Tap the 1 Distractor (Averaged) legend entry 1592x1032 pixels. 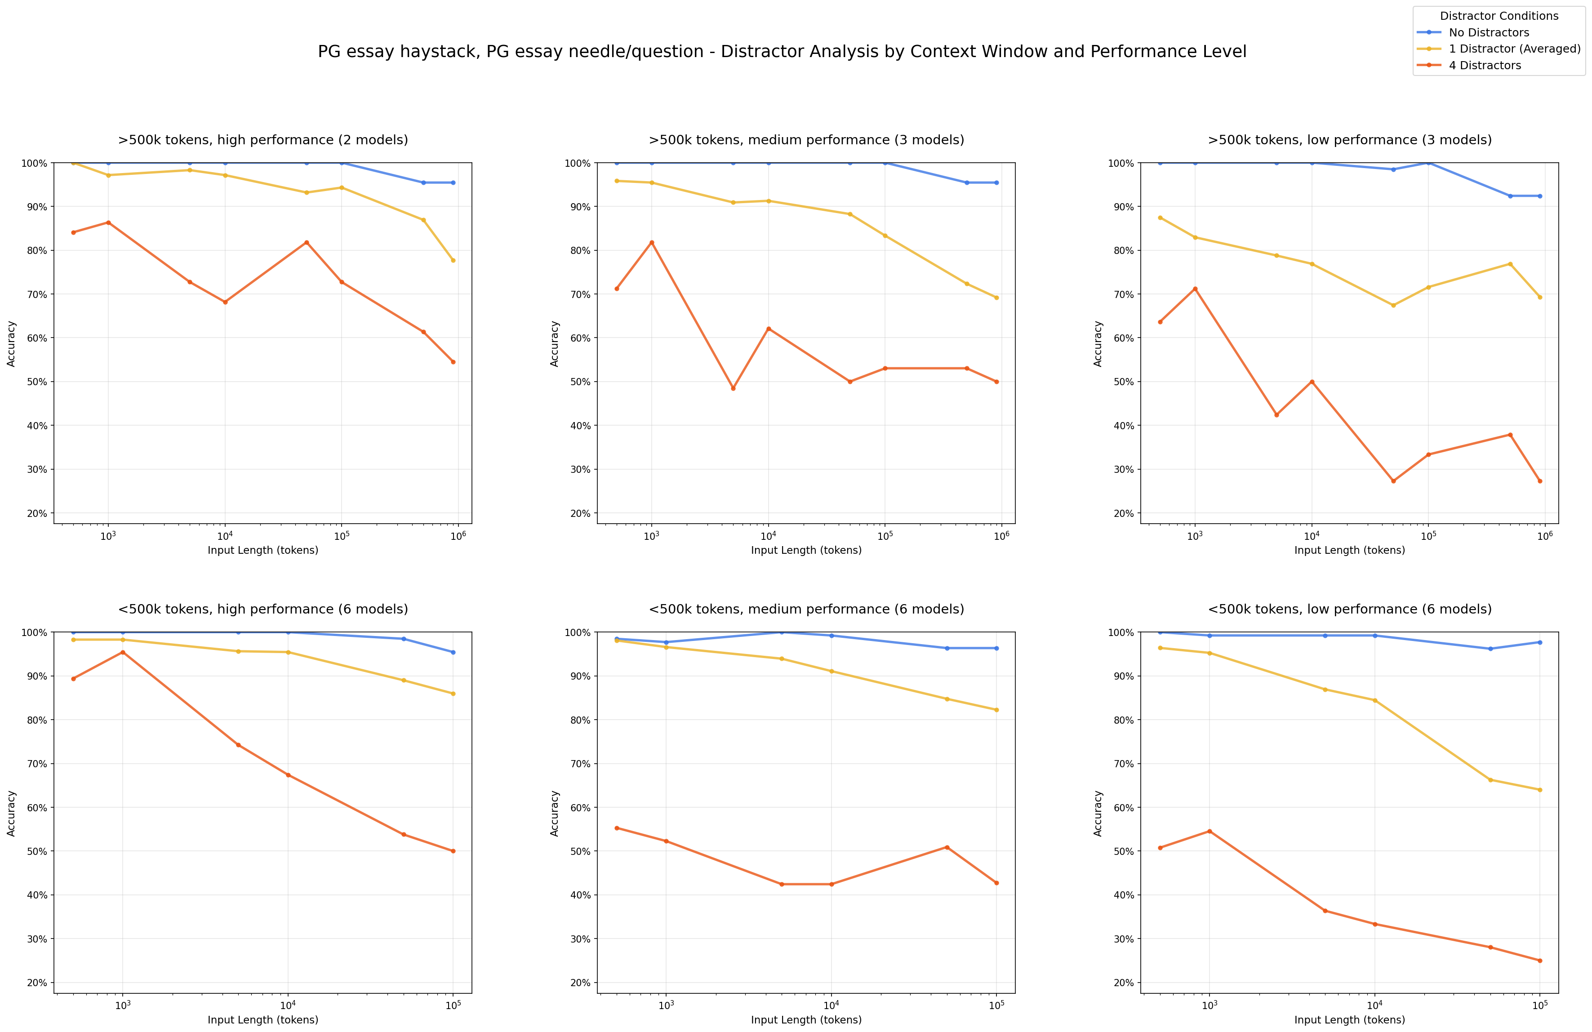click(x=1514, y=49)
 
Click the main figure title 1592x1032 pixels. click(x=781, y=52)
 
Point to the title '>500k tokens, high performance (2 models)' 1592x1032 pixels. click(x=263, y=140)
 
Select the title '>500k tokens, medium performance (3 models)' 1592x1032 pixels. click(x=806, y=140)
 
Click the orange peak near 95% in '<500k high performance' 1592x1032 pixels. click(x=122, y=652)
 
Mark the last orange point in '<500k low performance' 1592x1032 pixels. click(x=1540, y=961)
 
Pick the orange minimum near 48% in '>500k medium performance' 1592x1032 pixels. click(x=733, y=388)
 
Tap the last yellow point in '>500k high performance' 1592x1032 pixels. click(x=453, y=260)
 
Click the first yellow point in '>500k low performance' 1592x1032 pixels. click(x=1160, y=218)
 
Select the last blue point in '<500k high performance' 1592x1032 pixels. click(x=453, y=652)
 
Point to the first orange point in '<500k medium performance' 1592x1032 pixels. click(x=617, y=828)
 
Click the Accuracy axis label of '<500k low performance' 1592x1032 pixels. click(x=1098, y=813)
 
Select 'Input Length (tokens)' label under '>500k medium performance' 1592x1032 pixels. click(x=806, y=551)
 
